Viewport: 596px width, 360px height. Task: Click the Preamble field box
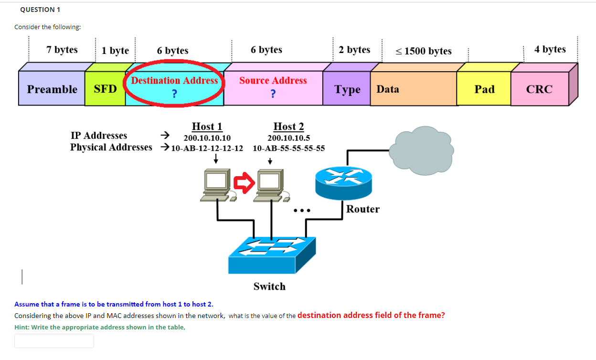[x=52, y=89]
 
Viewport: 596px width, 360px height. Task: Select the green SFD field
[x=105, y=89]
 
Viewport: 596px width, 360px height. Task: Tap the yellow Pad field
[x=484, y=89]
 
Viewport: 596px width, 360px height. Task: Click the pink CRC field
[x=539, y=89]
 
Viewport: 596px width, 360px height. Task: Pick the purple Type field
[x=347, y=89]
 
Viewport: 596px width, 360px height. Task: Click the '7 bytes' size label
[x=62, y=50]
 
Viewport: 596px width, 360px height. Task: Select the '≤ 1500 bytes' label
[x=423, y=51]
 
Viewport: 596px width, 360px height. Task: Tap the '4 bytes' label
[x=550, y=49]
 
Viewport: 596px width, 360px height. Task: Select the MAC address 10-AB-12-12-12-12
[x=207, y=148]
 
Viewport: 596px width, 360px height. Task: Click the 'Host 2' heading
[x=288, y=127]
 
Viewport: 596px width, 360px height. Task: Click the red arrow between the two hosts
[x=244, y=183]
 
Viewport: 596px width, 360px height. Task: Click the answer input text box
[x=54, y=340]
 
